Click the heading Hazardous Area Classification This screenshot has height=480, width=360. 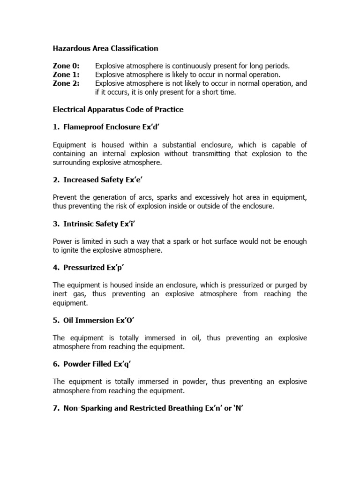click(x=105, y=48)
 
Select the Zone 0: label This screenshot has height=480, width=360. click(x=66, y=66)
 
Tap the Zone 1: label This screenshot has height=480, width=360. click(x=66, y=75)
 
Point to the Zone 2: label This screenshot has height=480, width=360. click(x=66, y=83)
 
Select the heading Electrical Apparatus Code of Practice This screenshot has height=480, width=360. click(x=118, y=110)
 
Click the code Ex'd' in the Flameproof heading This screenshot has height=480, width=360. click(x=157, y=127)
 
